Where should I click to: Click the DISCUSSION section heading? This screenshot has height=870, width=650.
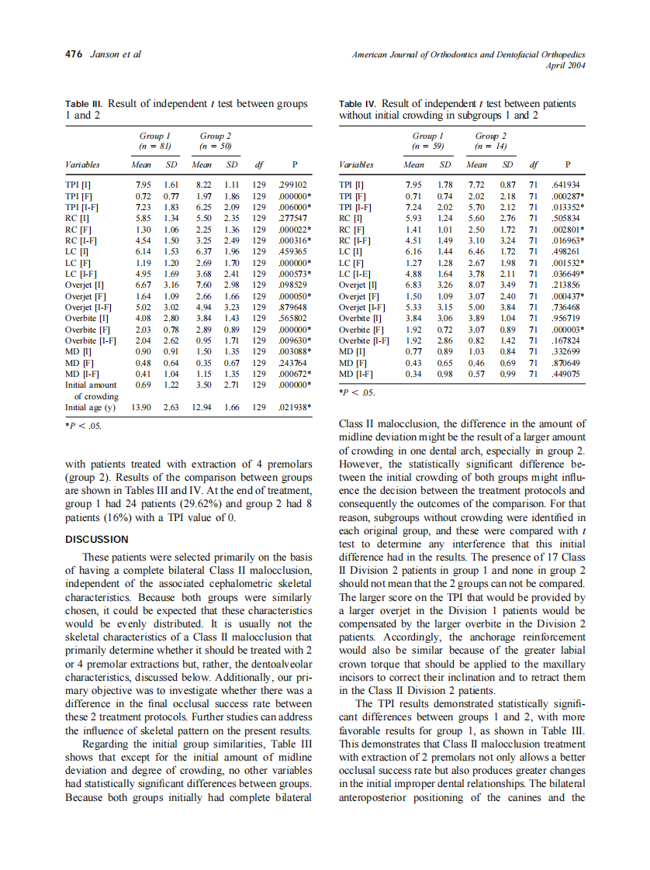point(97,539)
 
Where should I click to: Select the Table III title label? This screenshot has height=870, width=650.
point(85,104)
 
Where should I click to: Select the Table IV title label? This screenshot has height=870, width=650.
point(359,104)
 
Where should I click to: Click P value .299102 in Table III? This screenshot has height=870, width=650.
point(293,185)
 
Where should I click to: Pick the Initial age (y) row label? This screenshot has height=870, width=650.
point(90,407)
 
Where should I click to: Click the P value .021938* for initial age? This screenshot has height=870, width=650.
point(296,407)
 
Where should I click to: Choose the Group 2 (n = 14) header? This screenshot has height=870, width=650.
point(491,140)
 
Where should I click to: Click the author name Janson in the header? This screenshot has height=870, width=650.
point(104,55)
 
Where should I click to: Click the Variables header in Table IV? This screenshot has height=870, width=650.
point(357,164)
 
